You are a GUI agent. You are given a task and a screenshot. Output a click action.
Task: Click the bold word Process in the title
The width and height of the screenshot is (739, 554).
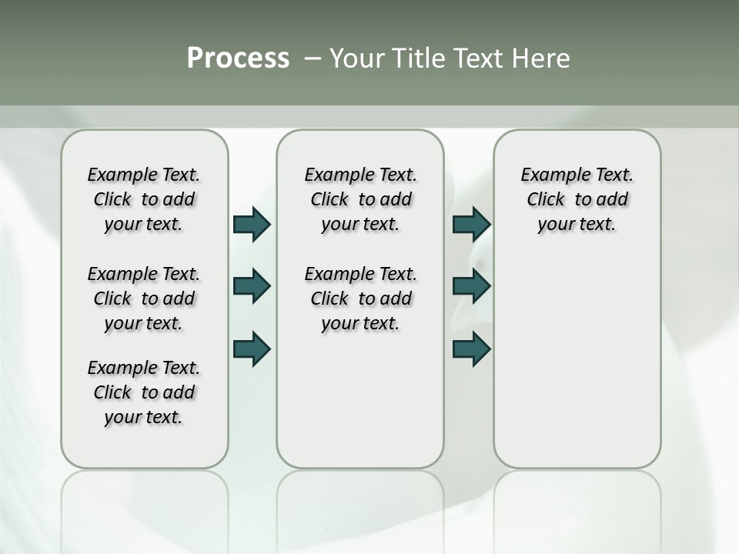238,58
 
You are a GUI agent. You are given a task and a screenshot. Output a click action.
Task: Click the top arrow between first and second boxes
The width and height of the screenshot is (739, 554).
252,224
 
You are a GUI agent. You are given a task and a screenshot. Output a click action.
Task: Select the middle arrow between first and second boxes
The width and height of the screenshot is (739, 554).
252,286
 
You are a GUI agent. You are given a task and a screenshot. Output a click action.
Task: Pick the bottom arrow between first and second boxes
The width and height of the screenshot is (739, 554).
252,349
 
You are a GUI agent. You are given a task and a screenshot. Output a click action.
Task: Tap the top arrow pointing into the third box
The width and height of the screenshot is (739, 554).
471,224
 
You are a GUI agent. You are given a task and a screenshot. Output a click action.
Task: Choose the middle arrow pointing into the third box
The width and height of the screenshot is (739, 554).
471,286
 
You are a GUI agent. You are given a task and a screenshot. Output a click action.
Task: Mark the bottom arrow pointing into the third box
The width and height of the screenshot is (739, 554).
471,349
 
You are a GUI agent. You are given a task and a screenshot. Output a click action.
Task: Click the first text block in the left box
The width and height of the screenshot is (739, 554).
144,199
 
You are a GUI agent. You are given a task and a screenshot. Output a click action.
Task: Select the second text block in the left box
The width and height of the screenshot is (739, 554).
144,299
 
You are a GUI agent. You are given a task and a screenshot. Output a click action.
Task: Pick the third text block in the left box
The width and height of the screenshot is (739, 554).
144,392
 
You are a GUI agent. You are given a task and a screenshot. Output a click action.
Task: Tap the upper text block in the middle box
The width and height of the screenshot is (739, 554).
361,199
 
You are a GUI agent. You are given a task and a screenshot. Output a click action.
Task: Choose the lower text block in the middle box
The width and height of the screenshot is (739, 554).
361,299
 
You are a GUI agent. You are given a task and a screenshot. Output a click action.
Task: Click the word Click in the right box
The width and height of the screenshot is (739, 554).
546,200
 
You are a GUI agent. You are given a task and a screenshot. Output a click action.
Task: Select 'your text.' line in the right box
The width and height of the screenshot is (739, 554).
577,225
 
